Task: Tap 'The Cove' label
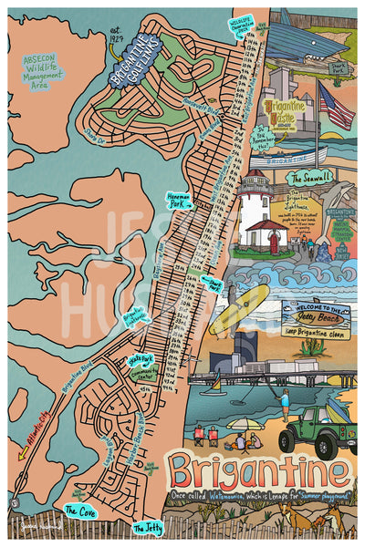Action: (x=78, y=511)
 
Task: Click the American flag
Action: (x=337, y=106)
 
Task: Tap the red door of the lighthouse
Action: (x=273, y=242)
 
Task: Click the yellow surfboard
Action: (x=239, y=309)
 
